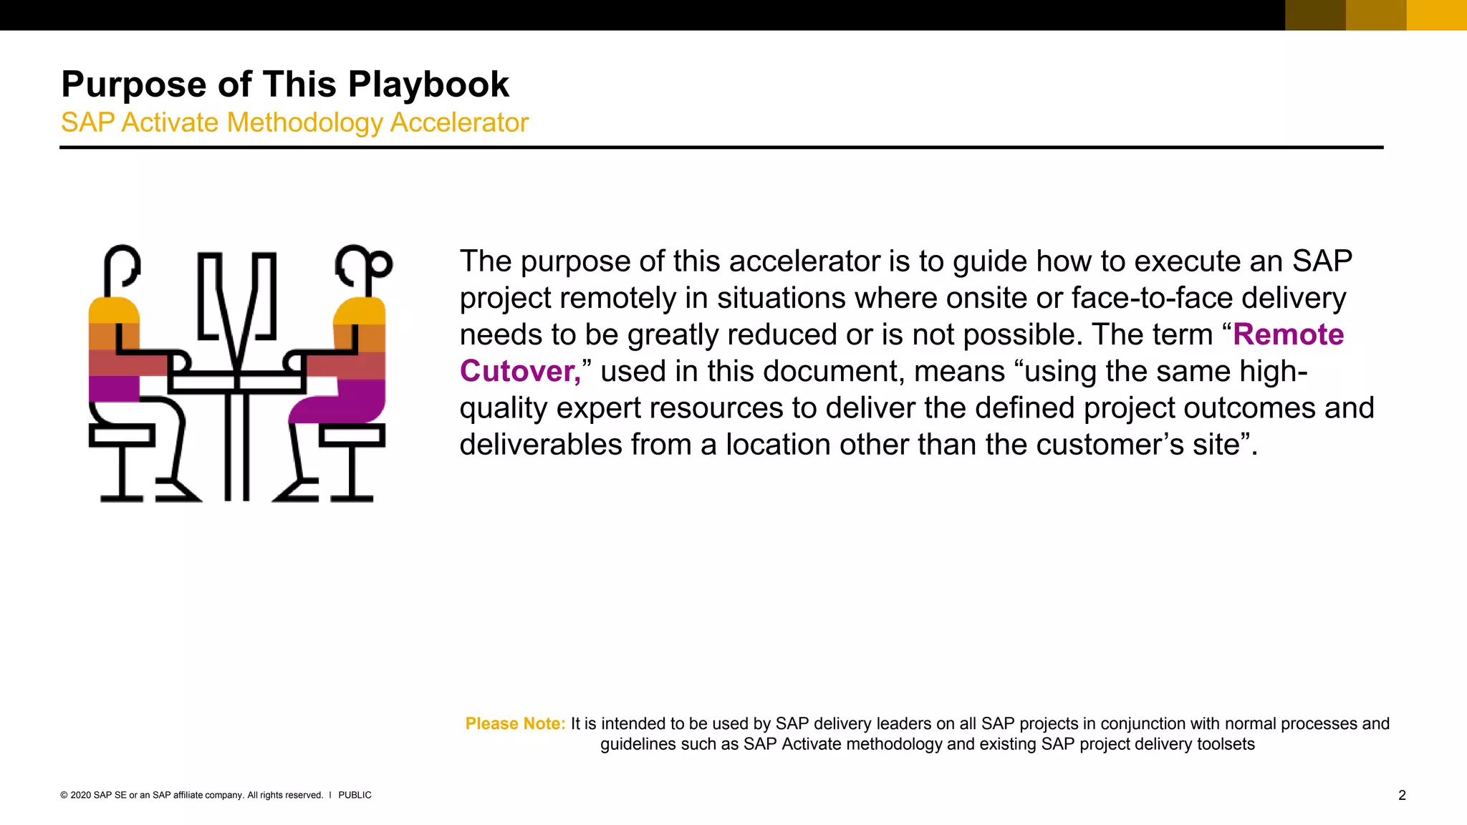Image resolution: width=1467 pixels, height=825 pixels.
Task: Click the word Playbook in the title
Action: [x=428, y=85]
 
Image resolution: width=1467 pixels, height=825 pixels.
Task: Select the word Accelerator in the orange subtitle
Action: [x=459, y=122]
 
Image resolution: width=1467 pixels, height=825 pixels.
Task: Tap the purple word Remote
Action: [x=1288, y=334]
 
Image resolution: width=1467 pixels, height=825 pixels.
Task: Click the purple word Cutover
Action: [x=519, y=371]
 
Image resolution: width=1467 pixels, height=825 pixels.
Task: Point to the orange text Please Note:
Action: [x=515, y=723]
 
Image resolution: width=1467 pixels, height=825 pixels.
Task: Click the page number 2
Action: [x=1402, y=795]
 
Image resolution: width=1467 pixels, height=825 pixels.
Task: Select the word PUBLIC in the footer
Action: [x=355, y=795]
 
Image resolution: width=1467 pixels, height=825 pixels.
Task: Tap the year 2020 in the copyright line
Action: [x=80, y=795]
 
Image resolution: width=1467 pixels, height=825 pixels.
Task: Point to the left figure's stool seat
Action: [x=121, y=435]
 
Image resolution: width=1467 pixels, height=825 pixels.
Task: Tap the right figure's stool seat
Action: [x=352, y=435]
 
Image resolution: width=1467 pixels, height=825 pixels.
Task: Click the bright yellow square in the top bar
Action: [x=1436, y=15]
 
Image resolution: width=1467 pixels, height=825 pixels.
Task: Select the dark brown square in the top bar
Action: [x=1315, y=15]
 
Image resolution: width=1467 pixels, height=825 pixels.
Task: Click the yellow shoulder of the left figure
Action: [x=113, y=311]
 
